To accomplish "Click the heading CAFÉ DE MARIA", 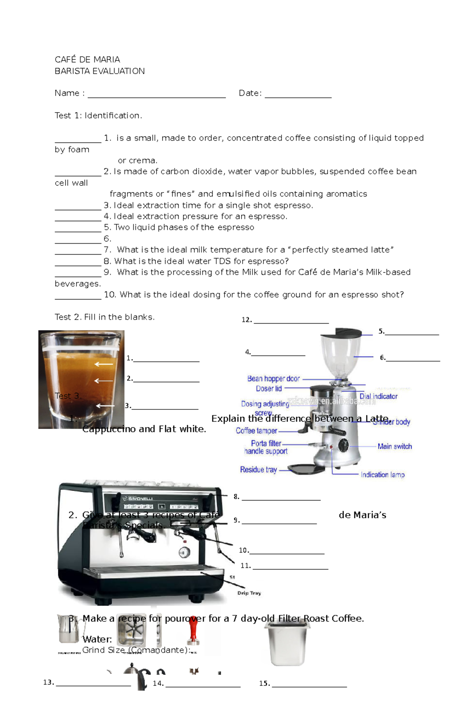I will [x=87, y=59].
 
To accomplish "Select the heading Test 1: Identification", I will [x=98, y=115].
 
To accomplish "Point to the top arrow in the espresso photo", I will [x=104, y=364].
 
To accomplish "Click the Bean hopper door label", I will [x=273, y=379].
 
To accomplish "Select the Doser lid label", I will [x=269, y=388].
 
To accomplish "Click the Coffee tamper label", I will [x=256, y=431].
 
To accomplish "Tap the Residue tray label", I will [x=258, y=469].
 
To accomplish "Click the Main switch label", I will [x=395, y=446].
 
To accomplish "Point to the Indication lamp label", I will [x=383, y=475].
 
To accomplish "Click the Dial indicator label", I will [x=378, y=396].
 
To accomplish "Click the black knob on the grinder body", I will [x=343, y=445].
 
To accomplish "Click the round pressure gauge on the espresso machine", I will [x=184, y=553].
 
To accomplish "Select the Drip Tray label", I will [x=249, y=593].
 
